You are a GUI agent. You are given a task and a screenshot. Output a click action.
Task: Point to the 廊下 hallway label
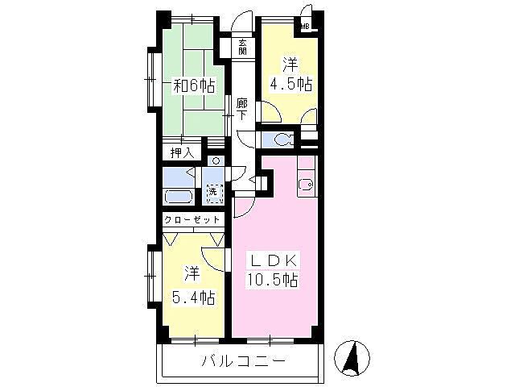point(242,111)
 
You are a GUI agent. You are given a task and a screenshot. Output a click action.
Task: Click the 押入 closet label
point(182,152)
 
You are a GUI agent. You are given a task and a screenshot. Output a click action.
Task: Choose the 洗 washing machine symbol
point(213,193)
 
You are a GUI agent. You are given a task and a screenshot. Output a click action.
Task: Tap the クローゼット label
point(192,219)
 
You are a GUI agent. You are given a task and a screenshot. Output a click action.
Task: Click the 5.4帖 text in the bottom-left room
point(196,298)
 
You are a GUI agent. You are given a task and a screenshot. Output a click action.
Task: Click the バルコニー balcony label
point(242,361)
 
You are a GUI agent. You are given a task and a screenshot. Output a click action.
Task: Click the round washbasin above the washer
point(216,161)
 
